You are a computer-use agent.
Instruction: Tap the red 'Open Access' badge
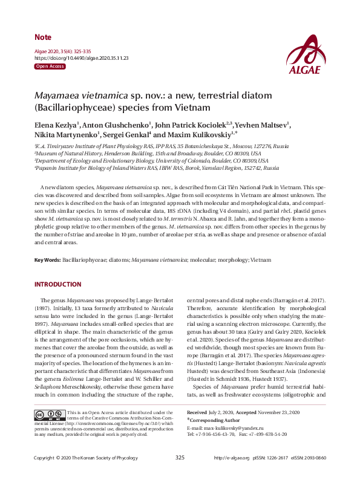pos(50,65)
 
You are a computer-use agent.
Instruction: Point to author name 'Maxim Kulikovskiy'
pos(201,134)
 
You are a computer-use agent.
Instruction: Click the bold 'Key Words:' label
pos(47,259)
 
